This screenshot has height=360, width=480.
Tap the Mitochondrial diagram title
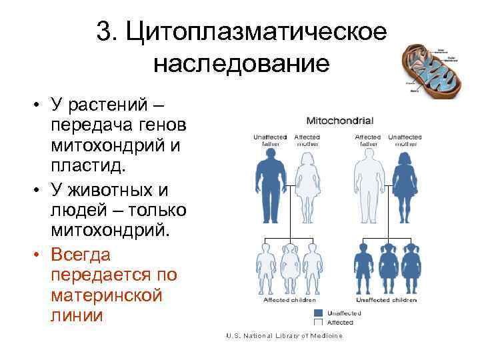(339, 121)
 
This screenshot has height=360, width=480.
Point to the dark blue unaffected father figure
(271, 187)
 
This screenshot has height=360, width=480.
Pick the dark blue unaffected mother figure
(404, 187)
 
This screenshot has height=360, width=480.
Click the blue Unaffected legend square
(318, 313)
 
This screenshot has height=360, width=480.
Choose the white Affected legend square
(318, 322)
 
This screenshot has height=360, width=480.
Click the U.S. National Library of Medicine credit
(283, 335)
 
